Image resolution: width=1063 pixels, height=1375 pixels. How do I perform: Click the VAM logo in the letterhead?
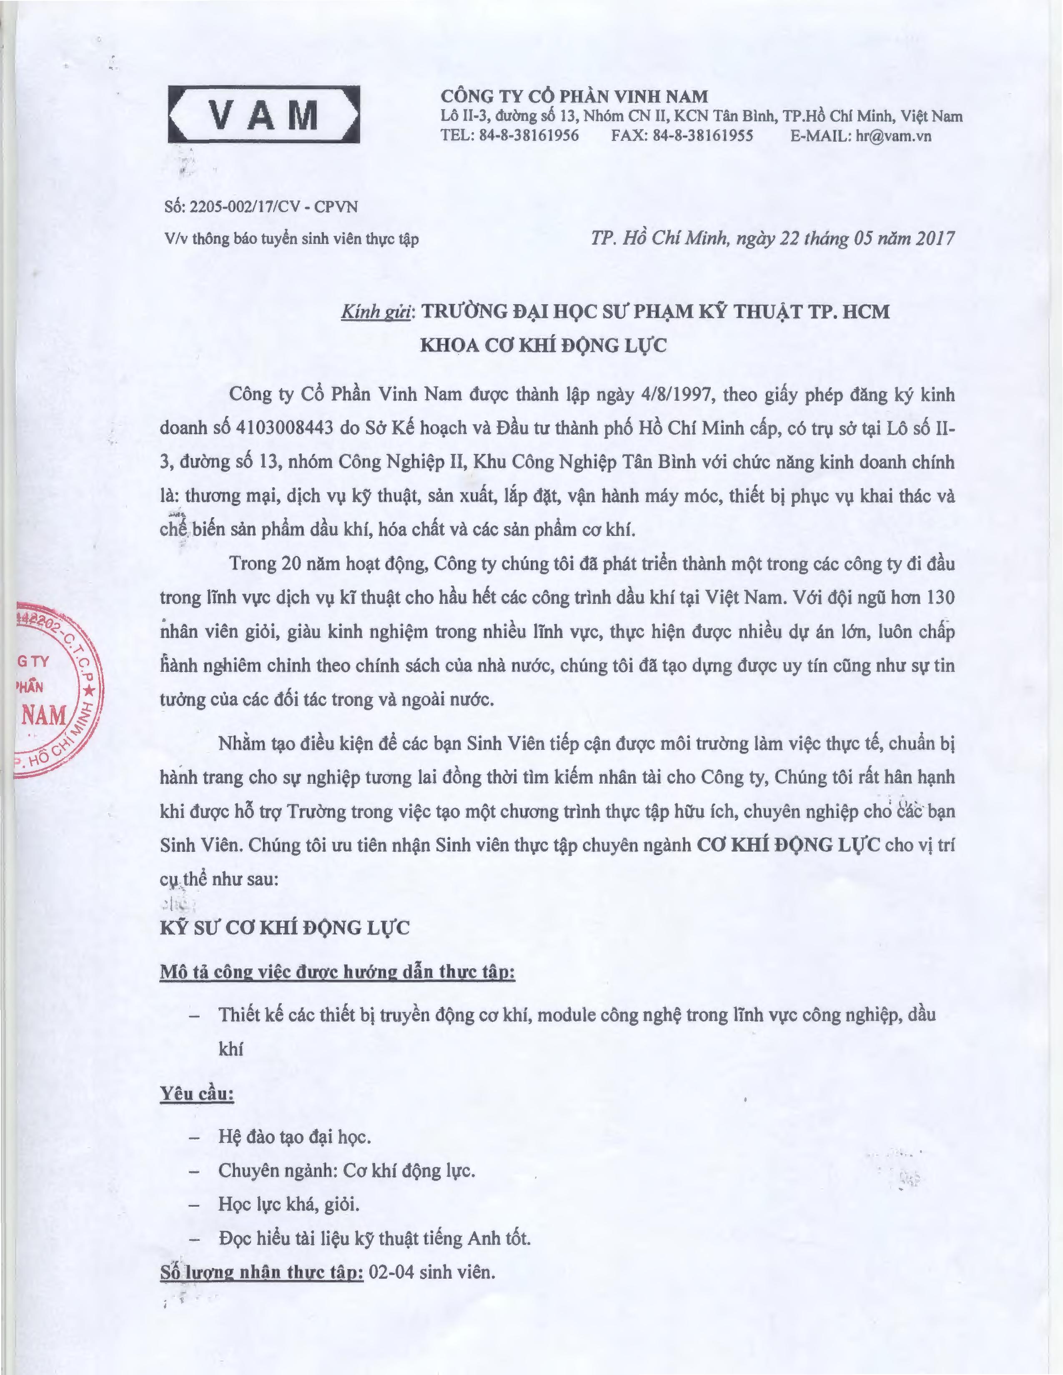click(264, 114)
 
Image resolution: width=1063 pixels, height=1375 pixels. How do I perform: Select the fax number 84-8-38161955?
click(703, 135)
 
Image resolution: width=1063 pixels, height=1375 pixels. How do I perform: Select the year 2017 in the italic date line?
click(935, 238)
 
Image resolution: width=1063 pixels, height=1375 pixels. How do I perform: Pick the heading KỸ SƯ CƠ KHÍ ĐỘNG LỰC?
click(285, 927)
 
